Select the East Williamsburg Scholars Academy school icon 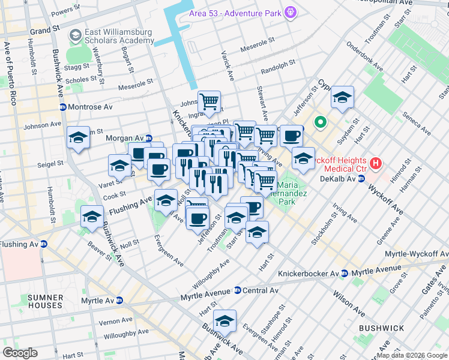[76, 35]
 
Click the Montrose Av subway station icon [62, 107]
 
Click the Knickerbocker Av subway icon [344, 274]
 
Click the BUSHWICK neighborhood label [382, 328]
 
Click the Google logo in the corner [20, 353]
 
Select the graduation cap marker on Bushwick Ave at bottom [225, 321]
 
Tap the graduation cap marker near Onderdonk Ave [342, 98]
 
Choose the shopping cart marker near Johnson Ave [209, 101]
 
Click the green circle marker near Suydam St [321, 124]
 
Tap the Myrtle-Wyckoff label [424, 254]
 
